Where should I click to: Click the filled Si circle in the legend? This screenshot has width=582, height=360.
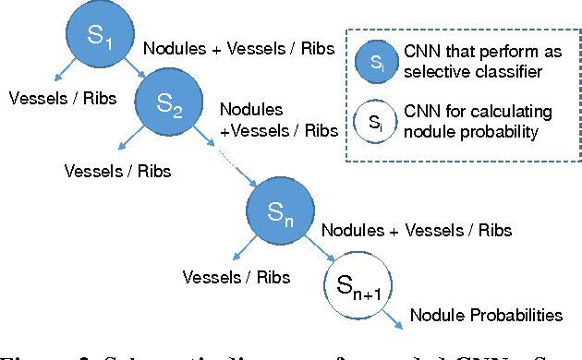pyautogui.click(x=375, y=64)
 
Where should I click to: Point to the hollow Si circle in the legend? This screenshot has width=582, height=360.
pyautogui.click(x=375, y=120)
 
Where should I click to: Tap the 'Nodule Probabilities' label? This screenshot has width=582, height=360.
pyautogui.click(x=485, y=315)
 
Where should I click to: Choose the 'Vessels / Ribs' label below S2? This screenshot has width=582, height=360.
pyautogui.click(x=118, y=170)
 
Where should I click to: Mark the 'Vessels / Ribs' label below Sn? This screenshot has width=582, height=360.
pyautogui.click(x=236, y=276)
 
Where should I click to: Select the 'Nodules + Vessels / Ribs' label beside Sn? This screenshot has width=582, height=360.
pyautogui.click(x=415, y=230)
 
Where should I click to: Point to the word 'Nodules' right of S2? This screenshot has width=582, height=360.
pyautogui.click(x=251, y=110)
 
